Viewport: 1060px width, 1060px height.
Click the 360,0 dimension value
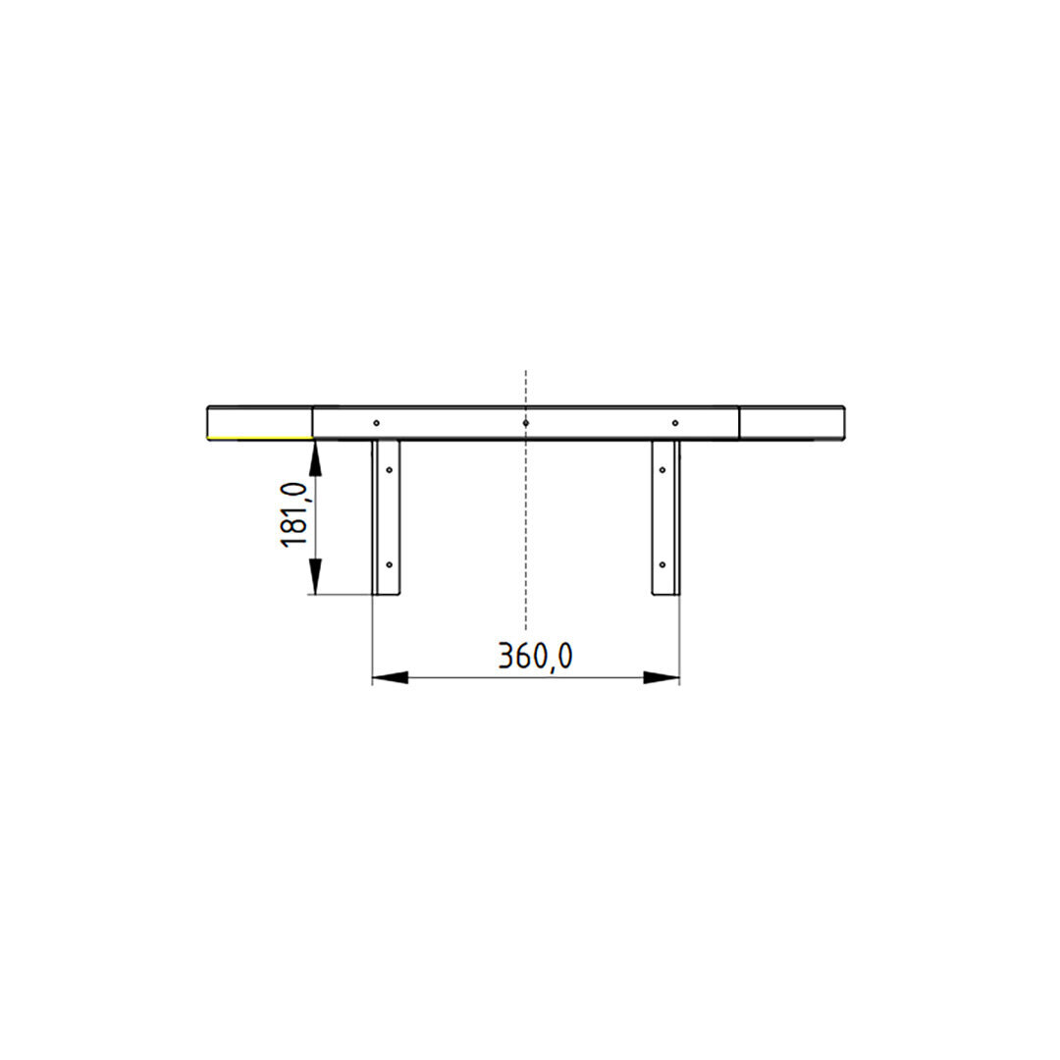point(536,656)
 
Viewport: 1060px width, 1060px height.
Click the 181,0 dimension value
point(294,515)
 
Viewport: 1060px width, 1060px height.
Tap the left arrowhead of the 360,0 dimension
point(390,677)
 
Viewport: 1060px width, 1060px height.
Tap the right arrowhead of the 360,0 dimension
point(662,677)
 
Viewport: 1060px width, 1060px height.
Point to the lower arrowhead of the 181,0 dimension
point(314,577)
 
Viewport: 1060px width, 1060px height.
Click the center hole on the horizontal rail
point(526,423)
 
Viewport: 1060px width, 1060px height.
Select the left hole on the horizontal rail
point(377,423)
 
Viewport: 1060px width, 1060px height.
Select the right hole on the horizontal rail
point(675,423)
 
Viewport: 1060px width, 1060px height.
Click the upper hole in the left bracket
point(390,470)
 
